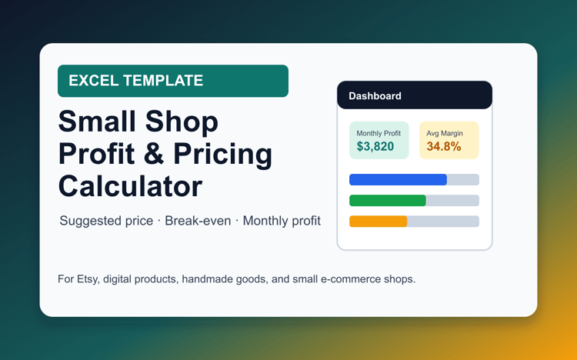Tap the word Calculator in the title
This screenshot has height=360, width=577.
[130, 186]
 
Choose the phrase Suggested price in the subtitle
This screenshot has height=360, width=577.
[106, 221]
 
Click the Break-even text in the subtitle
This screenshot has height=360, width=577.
[198, 221]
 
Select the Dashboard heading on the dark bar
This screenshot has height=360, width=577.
[375, 96]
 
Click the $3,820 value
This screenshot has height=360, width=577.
[375, 146]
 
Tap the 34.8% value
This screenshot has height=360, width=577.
[444, 146]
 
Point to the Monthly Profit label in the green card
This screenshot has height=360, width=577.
[379, 133]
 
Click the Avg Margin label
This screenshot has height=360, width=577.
[445, 133]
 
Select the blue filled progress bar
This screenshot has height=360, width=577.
[399, 180]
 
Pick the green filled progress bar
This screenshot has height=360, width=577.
[388, 201]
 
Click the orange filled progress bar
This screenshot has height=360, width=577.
[379, 222]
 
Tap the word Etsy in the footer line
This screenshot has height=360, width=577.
[88, 279]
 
